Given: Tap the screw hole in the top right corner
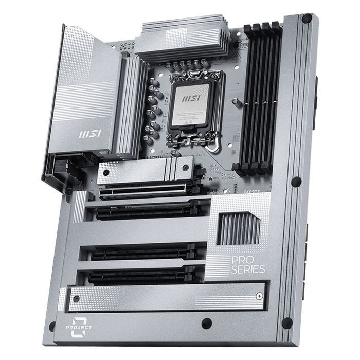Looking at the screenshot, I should click(x=307, y=20).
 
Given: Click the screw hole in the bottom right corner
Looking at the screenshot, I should click(x=287, y=322).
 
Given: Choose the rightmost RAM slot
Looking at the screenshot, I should click(x=275, y=98).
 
